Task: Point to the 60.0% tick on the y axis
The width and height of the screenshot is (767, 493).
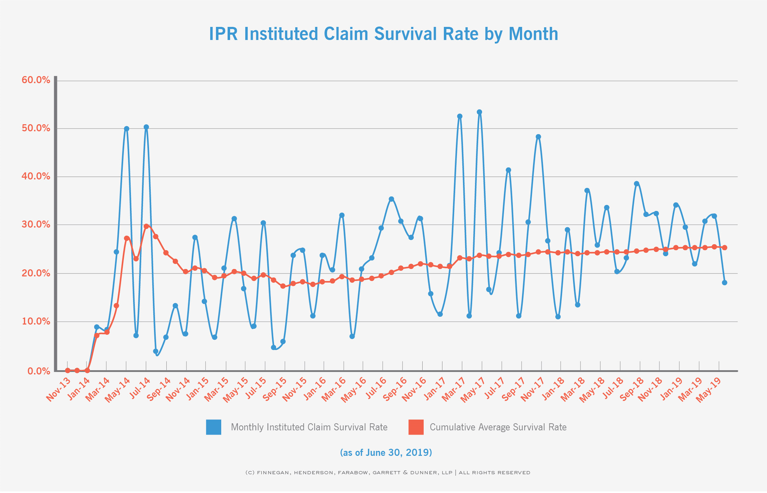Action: (36, 80)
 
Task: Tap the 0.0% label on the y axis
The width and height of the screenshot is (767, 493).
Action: (39, 371)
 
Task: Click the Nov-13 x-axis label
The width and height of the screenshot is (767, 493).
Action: (59, 389)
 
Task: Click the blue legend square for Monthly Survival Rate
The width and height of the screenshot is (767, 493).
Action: (214, 427)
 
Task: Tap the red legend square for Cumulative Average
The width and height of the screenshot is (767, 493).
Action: (416, 427)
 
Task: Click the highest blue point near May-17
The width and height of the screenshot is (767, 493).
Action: (479, 112)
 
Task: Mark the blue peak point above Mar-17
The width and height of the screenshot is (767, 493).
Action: (459, 116)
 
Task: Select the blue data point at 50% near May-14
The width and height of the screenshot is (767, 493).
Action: (126, 129)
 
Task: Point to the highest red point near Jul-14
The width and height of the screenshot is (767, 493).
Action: (146, 226)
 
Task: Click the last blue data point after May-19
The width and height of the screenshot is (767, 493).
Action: (724, 282)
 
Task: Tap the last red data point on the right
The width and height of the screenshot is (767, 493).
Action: (724, 248)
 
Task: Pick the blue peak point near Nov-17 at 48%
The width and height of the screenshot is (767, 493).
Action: (538, 137)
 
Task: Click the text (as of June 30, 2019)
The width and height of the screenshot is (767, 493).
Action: (386, 453)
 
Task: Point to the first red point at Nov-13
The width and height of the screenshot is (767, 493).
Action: (67, 371)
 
